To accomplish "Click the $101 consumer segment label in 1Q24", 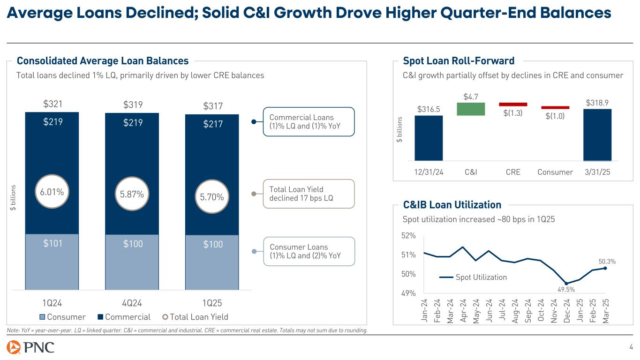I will pyautogui.click(x=52, y=243).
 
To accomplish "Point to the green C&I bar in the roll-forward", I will pyautogui.click(x=471, y=109).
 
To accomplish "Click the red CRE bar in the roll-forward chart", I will pyautogui.click(x=513, y=104).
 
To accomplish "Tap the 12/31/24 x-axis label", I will pyautogui.click(x=429, y=172).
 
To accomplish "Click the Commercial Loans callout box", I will pyautogui.click(x=308, y=122).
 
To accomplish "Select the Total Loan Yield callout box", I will pyautogui.click(x=308, y=194).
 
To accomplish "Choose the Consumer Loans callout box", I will pyautogui.click(x=308, y=251).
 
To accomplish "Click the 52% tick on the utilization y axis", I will pyautogui.click(x=408, y=236).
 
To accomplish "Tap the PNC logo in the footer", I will pyautogui.click(x=30, y=348).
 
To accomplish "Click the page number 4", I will pyautogui.click(x=631, y=347).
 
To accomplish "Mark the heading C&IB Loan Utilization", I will pyautogui.click(x=452, y=204).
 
